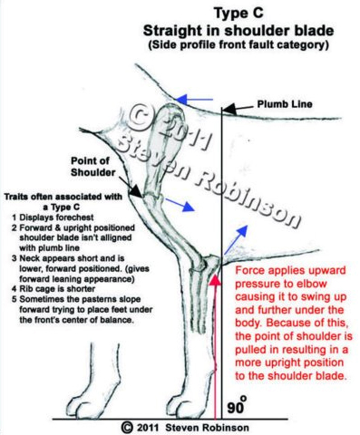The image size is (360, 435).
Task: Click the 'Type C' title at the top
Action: pos(238,14)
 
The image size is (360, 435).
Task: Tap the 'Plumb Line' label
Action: pos(285,104)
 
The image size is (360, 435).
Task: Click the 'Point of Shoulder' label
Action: pos(93,167)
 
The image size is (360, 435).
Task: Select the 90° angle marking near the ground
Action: pos(237,405)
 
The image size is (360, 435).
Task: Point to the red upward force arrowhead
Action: pos(215,279)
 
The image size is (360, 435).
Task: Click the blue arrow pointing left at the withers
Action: pos(194,99)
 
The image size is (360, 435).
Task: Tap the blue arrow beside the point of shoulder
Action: pos(179,204)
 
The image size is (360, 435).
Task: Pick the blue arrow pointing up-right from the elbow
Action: pos(236,239)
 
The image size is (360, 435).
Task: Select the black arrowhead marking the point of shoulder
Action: pos(136,191)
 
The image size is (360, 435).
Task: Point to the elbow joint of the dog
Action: pos(211,264)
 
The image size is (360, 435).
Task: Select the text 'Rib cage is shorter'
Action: pos(57,289)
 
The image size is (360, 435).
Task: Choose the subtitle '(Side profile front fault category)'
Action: pos(238,45)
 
